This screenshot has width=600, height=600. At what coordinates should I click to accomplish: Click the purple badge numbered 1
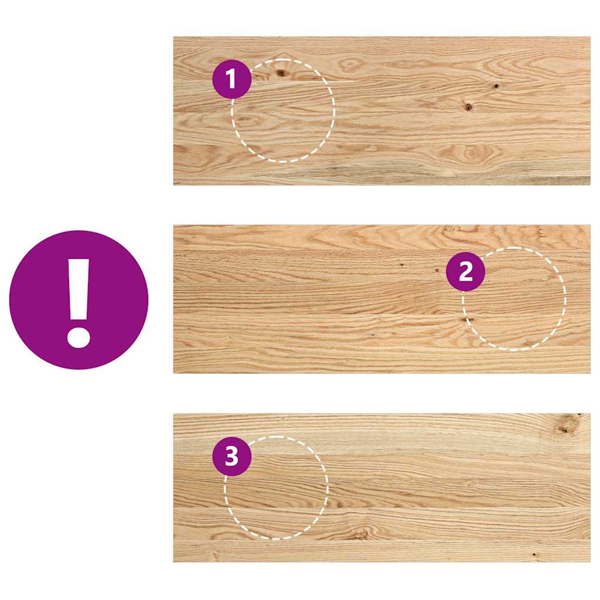(231, 79)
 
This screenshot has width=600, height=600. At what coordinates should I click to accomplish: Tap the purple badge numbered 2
(465, 272)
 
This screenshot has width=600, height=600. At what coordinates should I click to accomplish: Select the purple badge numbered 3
(231, 456)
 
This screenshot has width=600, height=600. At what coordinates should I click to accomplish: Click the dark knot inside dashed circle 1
(281, 73)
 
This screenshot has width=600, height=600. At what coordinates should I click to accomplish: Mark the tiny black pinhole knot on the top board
(496, 86)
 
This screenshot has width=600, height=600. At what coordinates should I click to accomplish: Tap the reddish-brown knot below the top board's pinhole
(468, 107)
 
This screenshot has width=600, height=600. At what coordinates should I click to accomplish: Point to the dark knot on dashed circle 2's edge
(468, 319)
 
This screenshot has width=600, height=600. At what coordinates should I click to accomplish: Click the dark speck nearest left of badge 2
(437, 270)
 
